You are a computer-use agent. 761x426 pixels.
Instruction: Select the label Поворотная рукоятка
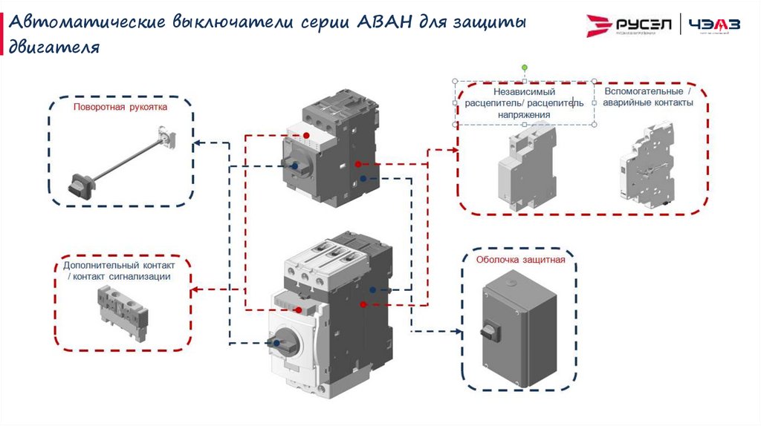click(x=120, y=107)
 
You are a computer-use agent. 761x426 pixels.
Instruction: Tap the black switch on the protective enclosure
click(x=490, y=329)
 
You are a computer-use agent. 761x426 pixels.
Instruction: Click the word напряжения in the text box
click(x=524, y=115)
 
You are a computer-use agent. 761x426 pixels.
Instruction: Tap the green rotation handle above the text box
click(x=524, y=68)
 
